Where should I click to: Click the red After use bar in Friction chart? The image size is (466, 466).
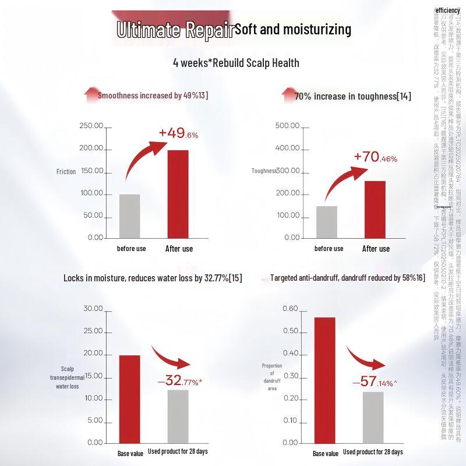[178, 194]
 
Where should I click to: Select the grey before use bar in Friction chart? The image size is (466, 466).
[129, 216]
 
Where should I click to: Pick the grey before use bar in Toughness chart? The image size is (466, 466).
[327, 221]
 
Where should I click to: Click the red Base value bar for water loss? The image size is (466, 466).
[129, 398]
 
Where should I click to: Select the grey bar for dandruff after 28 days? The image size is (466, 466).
[373, 417]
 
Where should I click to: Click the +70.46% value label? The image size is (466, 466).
[375, 157]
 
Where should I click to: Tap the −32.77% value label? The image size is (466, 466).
[179, 382]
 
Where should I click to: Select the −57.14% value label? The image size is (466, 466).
[375, 382]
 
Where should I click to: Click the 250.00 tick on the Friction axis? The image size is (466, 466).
[91, 126]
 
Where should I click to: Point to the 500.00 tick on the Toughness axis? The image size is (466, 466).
[287, 126]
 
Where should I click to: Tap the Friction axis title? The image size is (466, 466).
[66, 172]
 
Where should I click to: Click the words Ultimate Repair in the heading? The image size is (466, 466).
[175, 30]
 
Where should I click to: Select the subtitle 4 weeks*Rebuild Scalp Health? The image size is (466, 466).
[236, 63]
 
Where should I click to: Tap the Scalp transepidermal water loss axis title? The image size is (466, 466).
[68, 377]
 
